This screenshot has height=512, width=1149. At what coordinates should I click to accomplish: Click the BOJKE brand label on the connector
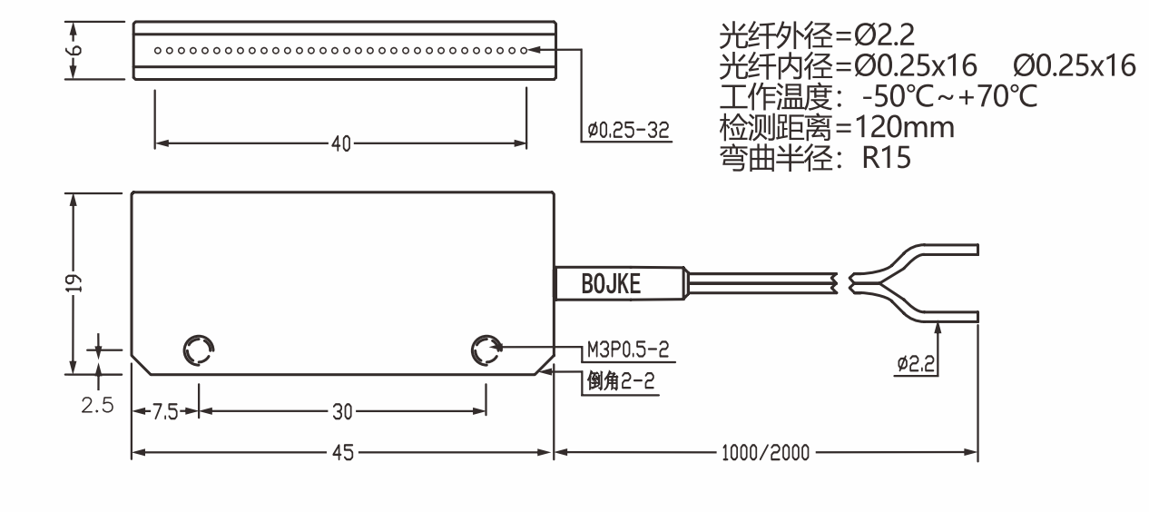coord(610,284)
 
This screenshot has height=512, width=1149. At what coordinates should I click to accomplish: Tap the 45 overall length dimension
coord(341,452)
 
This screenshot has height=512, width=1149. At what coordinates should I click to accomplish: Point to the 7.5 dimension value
coord(164,412)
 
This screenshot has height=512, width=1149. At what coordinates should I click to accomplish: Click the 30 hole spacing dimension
coord(341,412)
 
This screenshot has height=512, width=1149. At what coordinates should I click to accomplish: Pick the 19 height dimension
coord(77,282)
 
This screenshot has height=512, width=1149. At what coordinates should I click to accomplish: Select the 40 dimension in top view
coord(341,143)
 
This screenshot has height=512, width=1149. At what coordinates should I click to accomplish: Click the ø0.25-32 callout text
coord(628,132)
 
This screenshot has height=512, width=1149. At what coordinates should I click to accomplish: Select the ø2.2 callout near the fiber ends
coord(917,364)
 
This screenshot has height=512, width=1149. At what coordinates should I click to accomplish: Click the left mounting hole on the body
coord(198,350)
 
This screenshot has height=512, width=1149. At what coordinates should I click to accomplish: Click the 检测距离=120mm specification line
coord(836,127)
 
